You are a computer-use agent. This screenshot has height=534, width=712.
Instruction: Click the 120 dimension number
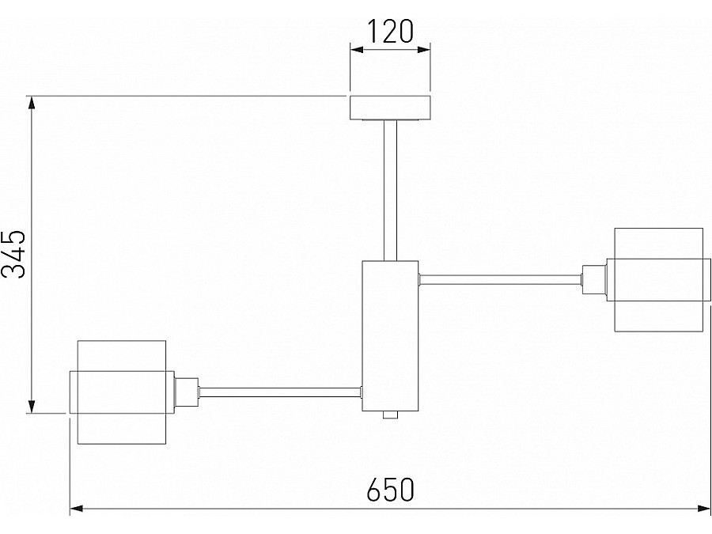point(390,32)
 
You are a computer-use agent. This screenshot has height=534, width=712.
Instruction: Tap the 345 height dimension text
point(13,254)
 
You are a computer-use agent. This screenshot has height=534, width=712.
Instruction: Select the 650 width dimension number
point(391,489)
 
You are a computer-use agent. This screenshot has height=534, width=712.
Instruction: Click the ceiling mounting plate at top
point(390,108)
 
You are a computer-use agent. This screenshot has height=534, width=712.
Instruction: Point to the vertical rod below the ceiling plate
point(390,190)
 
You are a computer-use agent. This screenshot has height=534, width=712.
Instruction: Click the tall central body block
point(390,336)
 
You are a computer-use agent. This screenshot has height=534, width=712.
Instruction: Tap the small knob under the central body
point(390,415)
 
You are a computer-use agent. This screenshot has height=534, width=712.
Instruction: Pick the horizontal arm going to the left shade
point(280,392)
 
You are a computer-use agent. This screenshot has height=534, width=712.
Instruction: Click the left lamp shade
point(122,392)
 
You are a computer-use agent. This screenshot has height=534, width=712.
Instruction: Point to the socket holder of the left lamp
point(187,392)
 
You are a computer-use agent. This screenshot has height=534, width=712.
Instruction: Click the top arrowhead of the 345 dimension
point(32,103)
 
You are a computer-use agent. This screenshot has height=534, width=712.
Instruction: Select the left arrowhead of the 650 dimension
point(77,509)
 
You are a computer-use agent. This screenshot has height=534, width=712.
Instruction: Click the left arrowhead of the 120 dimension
point(357,50)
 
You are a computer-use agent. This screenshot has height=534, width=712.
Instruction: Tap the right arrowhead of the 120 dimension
point(423,50)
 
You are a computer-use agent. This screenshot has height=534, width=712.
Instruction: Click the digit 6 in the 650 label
point(373,489)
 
